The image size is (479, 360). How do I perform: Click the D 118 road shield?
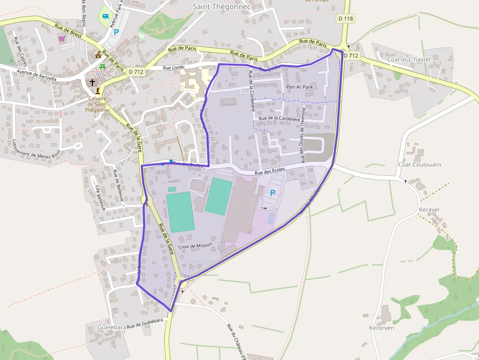tap(345, 19)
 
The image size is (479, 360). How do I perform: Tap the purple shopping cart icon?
tap(62, 38)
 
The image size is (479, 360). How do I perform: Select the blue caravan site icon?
tap(106, 16)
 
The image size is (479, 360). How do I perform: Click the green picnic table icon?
tap(103, 66)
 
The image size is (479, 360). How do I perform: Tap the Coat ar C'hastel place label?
tap(408, 59)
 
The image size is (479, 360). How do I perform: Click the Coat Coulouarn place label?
tap(419, 165)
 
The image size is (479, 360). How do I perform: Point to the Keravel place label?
tap(429, 210)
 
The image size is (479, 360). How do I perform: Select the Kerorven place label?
tap(381, 328)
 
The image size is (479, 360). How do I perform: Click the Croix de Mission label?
tap(196, 246)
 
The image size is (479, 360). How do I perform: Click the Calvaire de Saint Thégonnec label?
tap(98, 104)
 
